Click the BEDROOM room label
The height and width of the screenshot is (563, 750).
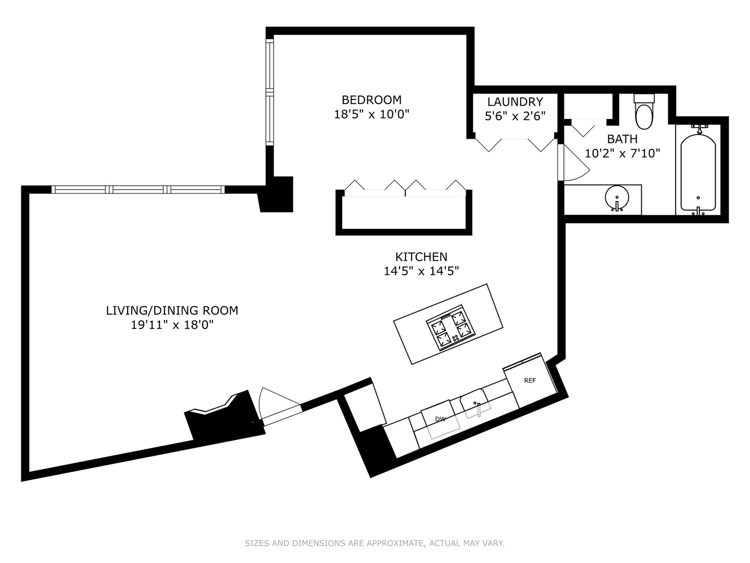click(371, 100)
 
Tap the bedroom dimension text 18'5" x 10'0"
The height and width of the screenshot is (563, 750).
click(371, 114)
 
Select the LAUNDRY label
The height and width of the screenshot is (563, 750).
click(515, 102)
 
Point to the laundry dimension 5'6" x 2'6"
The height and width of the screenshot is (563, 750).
click(515, 116)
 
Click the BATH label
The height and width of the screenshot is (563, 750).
click(622, 139)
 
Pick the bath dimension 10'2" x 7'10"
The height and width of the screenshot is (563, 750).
click(622, 154)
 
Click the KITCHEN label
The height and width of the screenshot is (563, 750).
click(421, 256)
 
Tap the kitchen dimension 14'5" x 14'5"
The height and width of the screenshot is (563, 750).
click(421, 271)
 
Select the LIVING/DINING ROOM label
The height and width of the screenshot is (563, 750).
click(172, 311)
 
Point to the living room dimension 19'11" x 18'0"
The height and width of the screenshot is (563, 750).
click(172, 325)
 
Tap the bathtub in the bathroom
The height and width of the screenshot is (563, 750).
click(698, 172)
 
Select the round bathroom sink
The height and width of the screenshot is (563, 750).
click(617, 198)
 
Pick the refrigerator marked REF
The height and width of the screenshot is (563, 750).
click(530, 381)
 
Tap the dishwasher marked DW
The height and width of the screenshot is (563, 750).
click(441, 419)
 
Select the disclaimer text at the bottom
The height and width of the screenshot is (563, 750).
click(374, 543)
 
